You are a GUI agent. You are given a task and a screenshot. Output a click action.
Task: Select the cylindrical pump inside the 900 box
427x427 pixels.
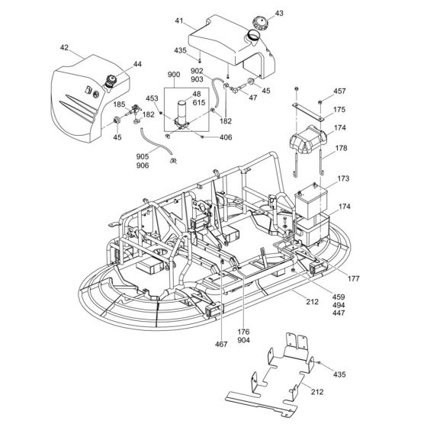coord(183,111)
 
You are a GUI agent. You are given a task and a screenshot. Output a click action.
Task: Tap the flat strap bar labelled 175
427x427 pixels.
coord(309,107)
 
